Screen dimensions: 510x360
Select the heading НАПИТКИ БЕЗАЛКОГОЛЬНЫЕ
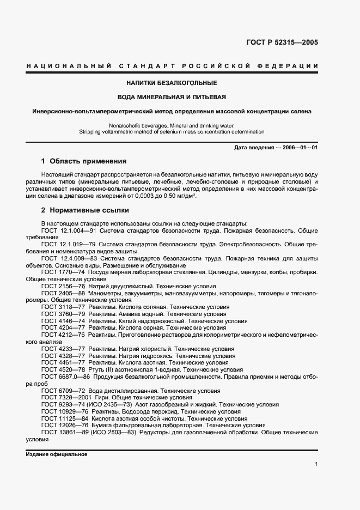click(x=172, y=83)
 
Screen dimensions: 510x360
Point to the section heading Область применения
click(x=88, y=161)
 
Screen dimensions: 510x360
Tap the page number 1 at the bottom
click(x=316, y=464)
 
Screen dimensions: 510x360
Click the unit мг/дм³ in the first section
click(x=185, y=196)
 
